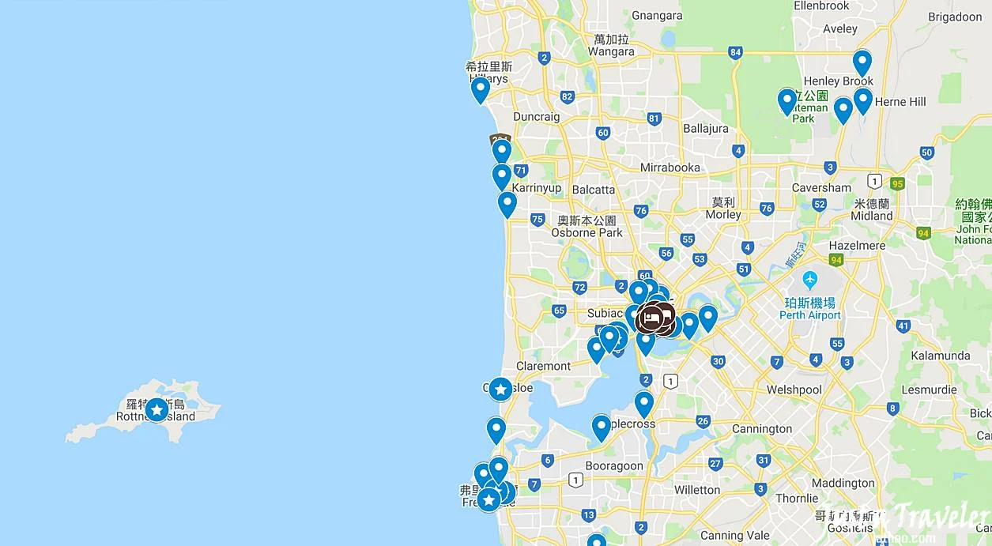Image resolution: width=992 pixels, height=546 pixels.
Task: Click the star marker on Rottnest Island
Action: pos(157,409)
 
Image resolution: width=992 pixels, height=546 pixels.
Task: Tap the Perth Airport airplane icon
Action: pos(809,280)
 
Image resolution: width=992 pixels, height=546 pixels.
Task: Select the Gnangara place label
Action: pos(657,15)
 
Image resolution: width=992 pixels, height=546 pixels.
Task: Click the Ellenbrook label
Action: pos(821,6)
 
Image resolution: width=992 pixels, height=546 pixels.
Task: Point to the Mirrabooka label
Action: pos(670,168)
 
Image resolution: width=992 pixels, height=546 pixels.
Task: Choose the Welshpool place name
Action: pos(794,390)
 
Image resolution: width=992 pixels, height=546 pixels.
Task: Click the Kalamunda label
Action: pos(940,356)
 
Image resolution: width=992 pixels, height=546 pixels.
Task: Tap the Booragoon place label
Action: pos(614,465)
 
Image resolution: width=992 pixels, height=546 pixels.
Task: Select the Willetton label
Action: pos(697,489)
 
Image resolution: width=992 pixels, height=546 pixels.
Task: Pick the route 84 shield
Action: pos(735,53)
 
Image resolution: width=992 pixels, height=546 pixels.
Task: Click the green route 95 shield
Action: pos(896,183)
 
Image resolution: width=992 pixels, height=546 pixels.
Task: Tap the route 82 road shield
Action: pos(566,97)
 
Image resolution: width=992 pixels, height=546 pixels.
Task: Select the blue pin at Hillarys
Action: pos(480,88)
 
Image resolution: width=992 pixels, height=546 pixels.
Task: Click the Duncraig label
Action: pos(536,117)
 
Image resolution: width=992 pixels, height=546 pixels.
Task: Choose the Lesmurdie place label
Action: pos(929,390)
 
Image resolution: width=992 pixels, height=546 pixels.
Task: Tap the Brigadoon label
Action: pos(955,17)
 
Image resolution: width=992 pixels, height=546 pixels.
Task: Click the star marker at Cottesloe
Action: pos(500,389)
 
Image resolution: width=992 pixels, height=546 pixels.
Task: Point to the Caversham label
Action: pos(821,188)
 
